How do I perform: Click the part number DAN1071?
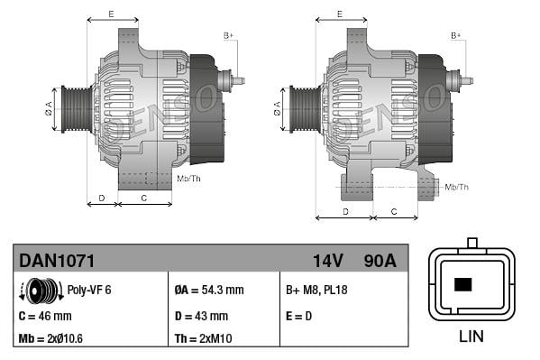pyautogui.click(x=58, y=261)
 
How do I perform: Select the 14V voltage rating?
pyautogui.click(x=327, y=261)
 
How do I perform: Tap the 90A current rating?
pyautogui.click(x=378, y=261)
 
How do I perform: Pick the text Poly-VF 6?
pyautogui.click(x=89, y=291)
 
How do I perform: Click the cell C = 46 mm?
pyautogui.click(x=45, y=316)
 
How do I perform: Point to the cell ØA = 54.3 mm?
pyautogui.click(x=208, y=291)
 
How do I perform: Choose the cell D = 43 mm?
pyautogui.click(x=200, y=316)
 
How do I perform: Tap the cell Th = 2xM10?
pyautogui.click(x=204, y=339)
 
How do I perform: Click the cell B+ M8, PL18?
pyautogui.click(x=316, y=291)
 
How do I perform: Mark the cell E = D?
pyautogui.click(x=298, y=316)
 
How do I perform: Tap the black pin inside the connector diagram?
pyautogui.click(x=463, y=284)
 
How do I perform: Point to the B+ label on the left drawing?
pyautogui.click(x=228, y=35)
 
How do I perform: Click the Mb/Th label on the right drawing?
pyautogui.click(x=456, y=187)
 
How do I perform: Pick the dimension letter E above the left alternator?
pyautogui.click(x=111, y=14)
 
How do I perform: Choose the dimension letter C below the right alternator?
pyautogui.click(x=394, y=211)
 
